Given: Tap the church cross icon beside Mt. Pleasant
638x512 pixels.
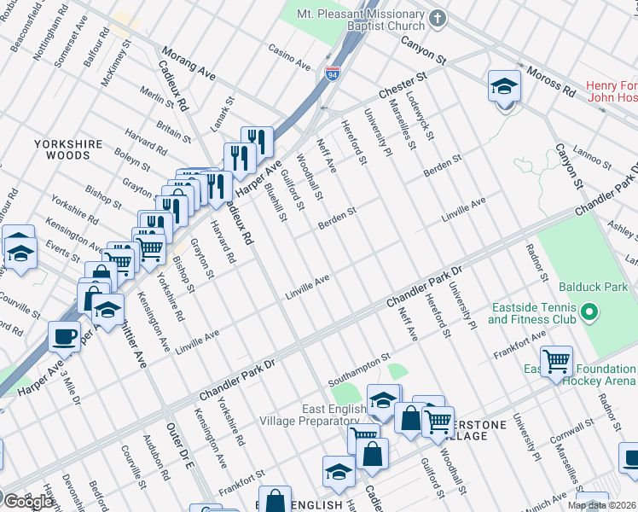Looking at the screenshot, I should [438, 18].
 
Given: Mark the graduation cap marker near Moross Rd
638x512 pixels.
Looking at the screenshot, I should [504, 87].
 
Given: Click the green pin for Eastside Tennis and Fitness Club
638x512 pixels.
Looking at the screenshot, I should [587, 314].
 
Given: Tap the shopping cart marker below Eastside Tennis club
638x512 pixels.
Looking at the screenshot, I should [556, 360].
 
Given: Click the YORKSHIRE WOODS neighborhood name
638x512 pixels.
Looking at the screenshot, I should [68, 150].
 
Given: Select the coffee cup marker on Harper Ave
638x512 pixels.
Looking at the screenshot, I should [64, 337].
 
